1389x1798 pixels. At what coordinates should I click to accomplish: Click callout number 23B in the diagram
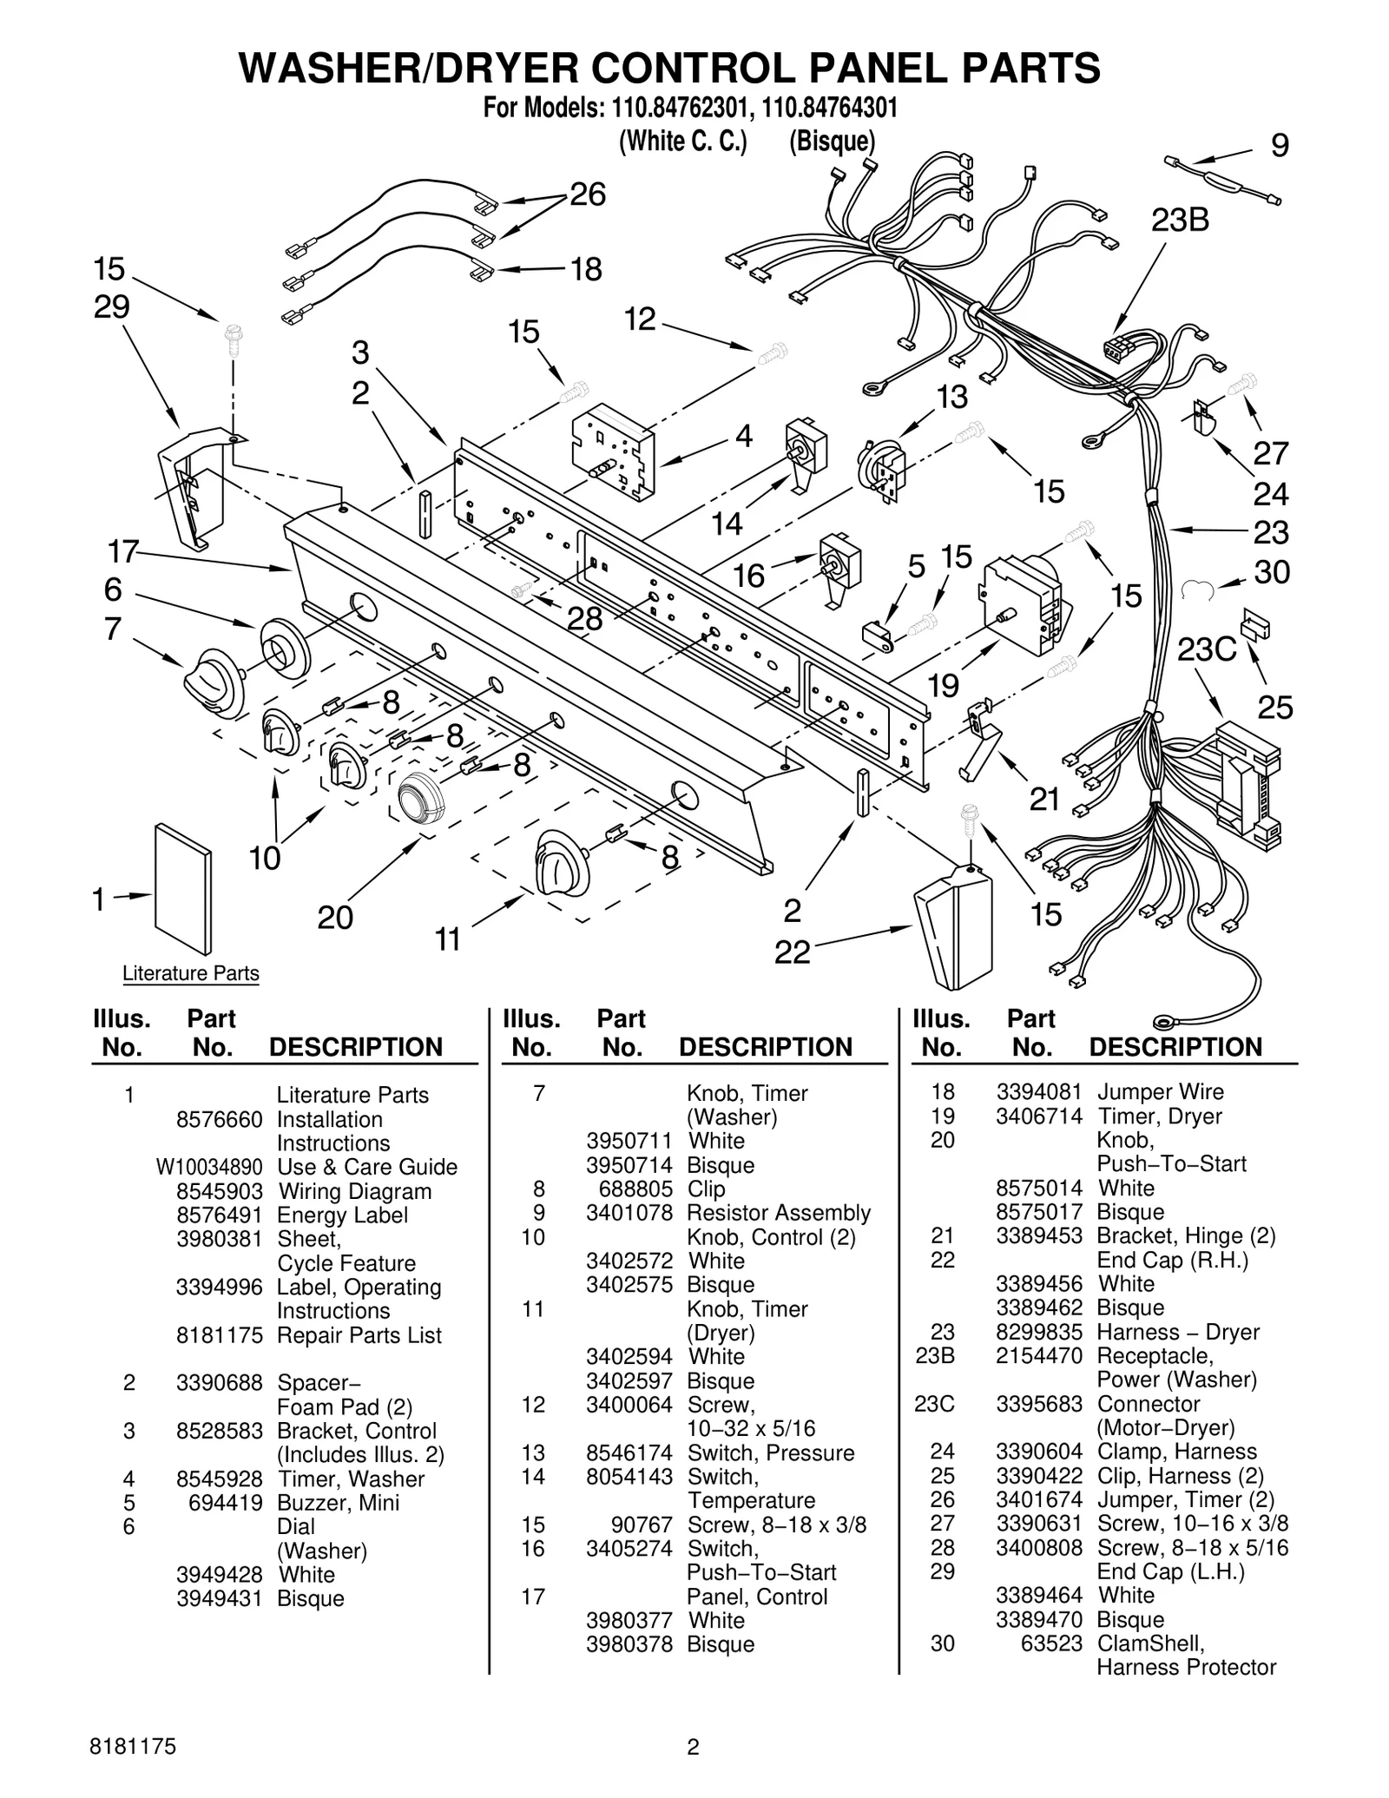[1180, 221]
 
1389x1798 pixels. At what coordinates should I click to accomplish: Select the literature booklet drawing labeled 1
[182, 889]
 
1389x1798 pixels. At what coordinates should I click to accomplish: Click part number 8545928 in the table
[219, 1479]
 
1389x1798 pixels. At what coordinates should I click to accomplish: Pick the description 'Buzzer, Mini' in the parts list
[338, 1503]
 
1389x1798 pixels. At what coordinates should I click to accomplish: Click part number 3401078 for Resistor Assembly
[629, 1213]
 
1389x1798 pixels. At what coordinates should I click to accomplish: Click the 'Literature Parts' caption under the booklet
[190, 973]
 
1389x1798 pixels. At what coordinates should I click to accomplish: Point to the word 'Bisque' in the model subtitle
[832, 141]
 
